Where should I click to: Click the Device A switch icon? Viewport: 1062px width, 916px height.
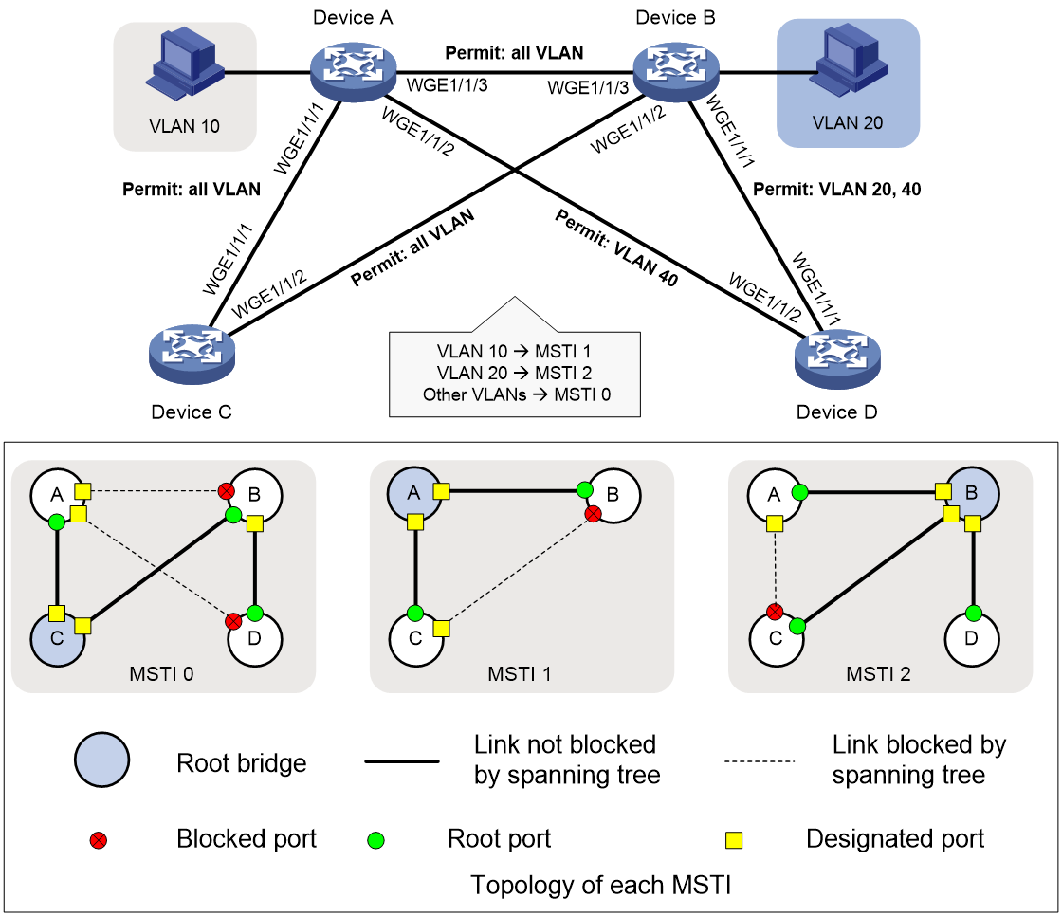(x=353, y=72)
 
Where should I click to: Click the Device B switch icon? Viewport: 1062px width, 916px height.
(x=676, y=72)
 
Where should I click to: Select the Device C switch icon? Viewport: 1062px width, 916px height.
(x=192, y=355)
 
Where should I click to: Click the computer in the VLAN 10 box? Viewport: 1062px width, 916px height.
(x=184, y=65)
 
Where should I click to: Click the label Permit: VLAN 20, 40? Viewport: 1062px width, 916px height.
(x=836, y=189)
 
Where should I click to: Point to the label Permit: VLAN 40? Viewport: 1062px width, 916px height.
(x=616, y=248)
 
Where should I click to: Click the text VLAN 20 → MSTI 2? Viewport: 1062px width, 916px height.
(x=514, y=373)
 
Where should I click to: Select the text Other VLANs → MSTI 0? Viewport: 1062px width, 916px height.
(x=516, y=394)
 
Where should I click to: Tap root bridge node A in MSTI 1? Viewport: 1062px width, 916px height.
(x=413, y=494)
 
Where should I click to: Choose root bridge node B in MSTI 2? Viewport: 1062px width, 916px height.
(x=971, y=494)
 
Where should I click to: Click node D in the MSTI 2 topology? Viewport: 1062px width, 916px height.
(x=971, y=639)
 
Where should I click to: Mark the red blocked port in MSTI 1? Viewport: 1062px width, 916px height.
(x=593, y=514)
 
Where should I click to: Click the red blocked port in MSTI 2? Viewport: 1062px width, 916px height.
(x=775, y=612)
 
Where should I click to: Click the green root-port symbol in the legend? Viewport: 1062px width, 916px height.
(x=375, y=840)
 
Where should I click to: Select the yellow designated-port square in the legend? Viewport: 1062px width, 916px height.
(x=734, y=840)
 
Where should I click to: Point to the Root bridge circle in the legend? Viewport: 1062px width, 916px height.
(x=101, y=760)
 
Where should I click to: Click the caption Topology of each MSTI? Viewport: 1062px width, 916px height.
(x=601, y=885)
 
